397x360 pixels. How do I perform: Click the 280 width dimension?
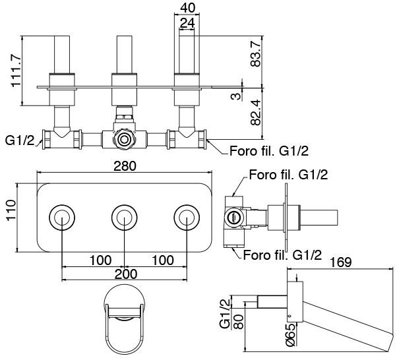(125, 166)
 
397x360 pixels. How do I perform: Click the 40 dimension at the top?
(188, 8)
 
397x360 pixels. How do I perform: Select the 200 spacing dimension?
(125, 274)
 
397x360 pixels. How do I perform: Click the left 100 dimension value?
(100, 260)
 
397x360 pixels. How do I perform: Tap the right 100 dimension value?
(162, 260)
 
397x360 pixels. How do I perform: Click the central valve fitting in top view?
(123, 140)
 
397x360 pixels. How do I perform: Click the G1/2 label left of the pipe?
(18, 140)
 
